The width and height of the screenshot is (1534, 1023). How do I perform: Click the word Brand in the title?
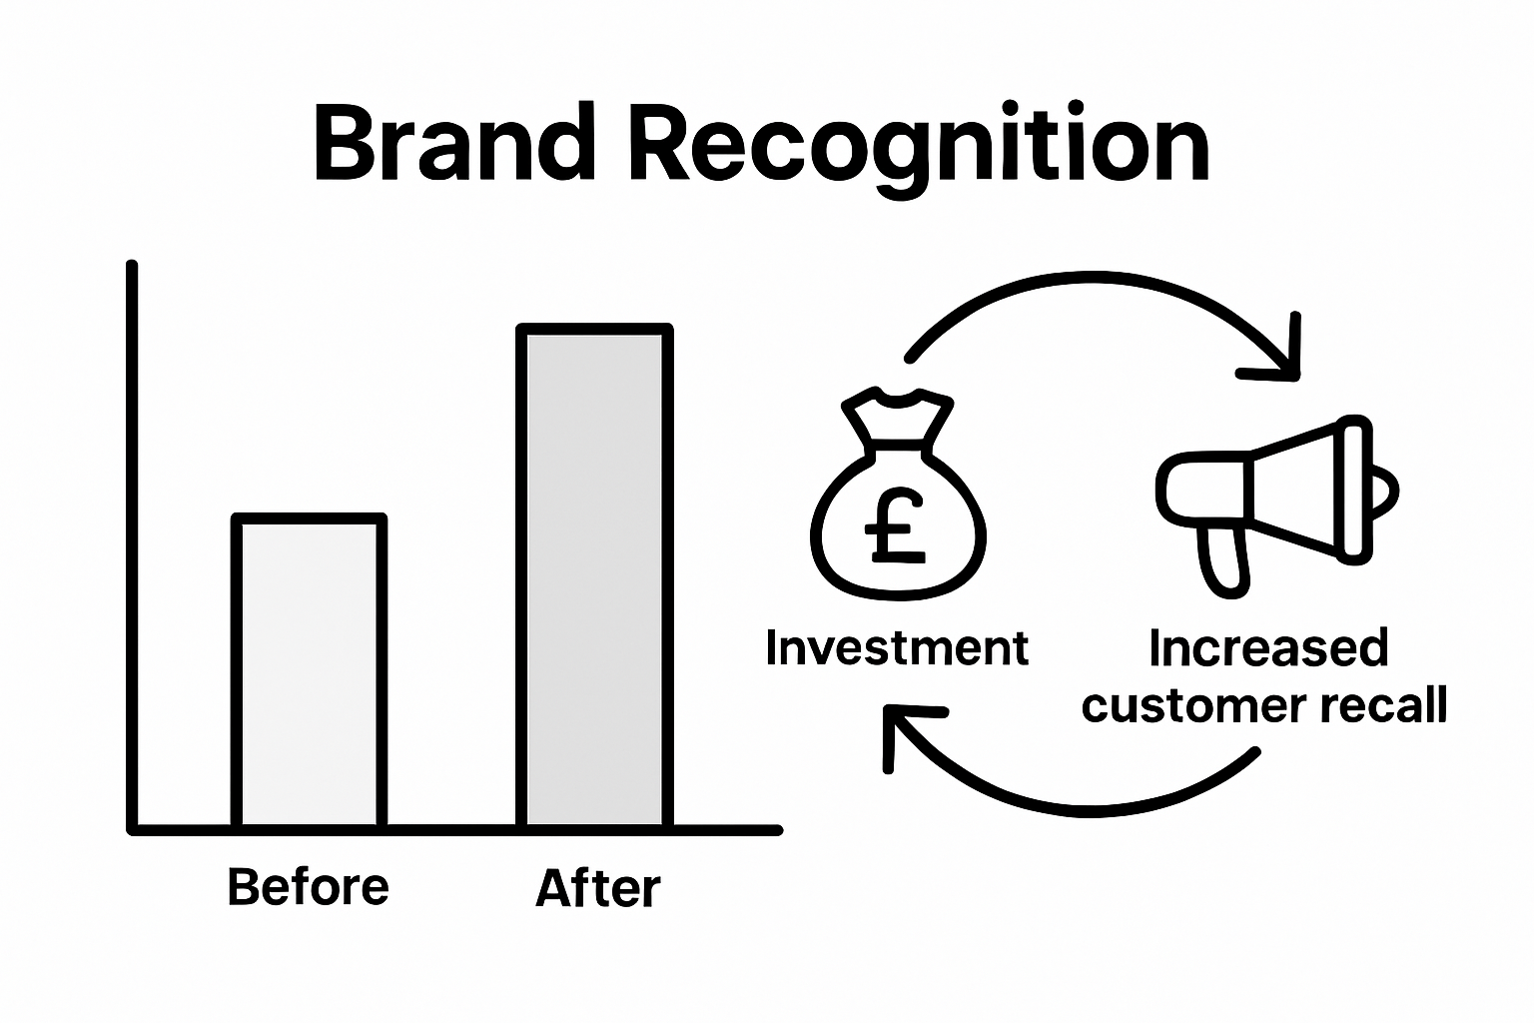455,145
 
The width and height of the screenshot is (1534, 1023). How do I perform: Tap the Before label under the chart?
308,887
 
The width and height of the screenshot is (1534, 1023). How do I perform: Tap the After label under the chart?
598,888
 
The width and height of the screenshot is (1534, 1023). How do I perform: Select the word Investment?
897,648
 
